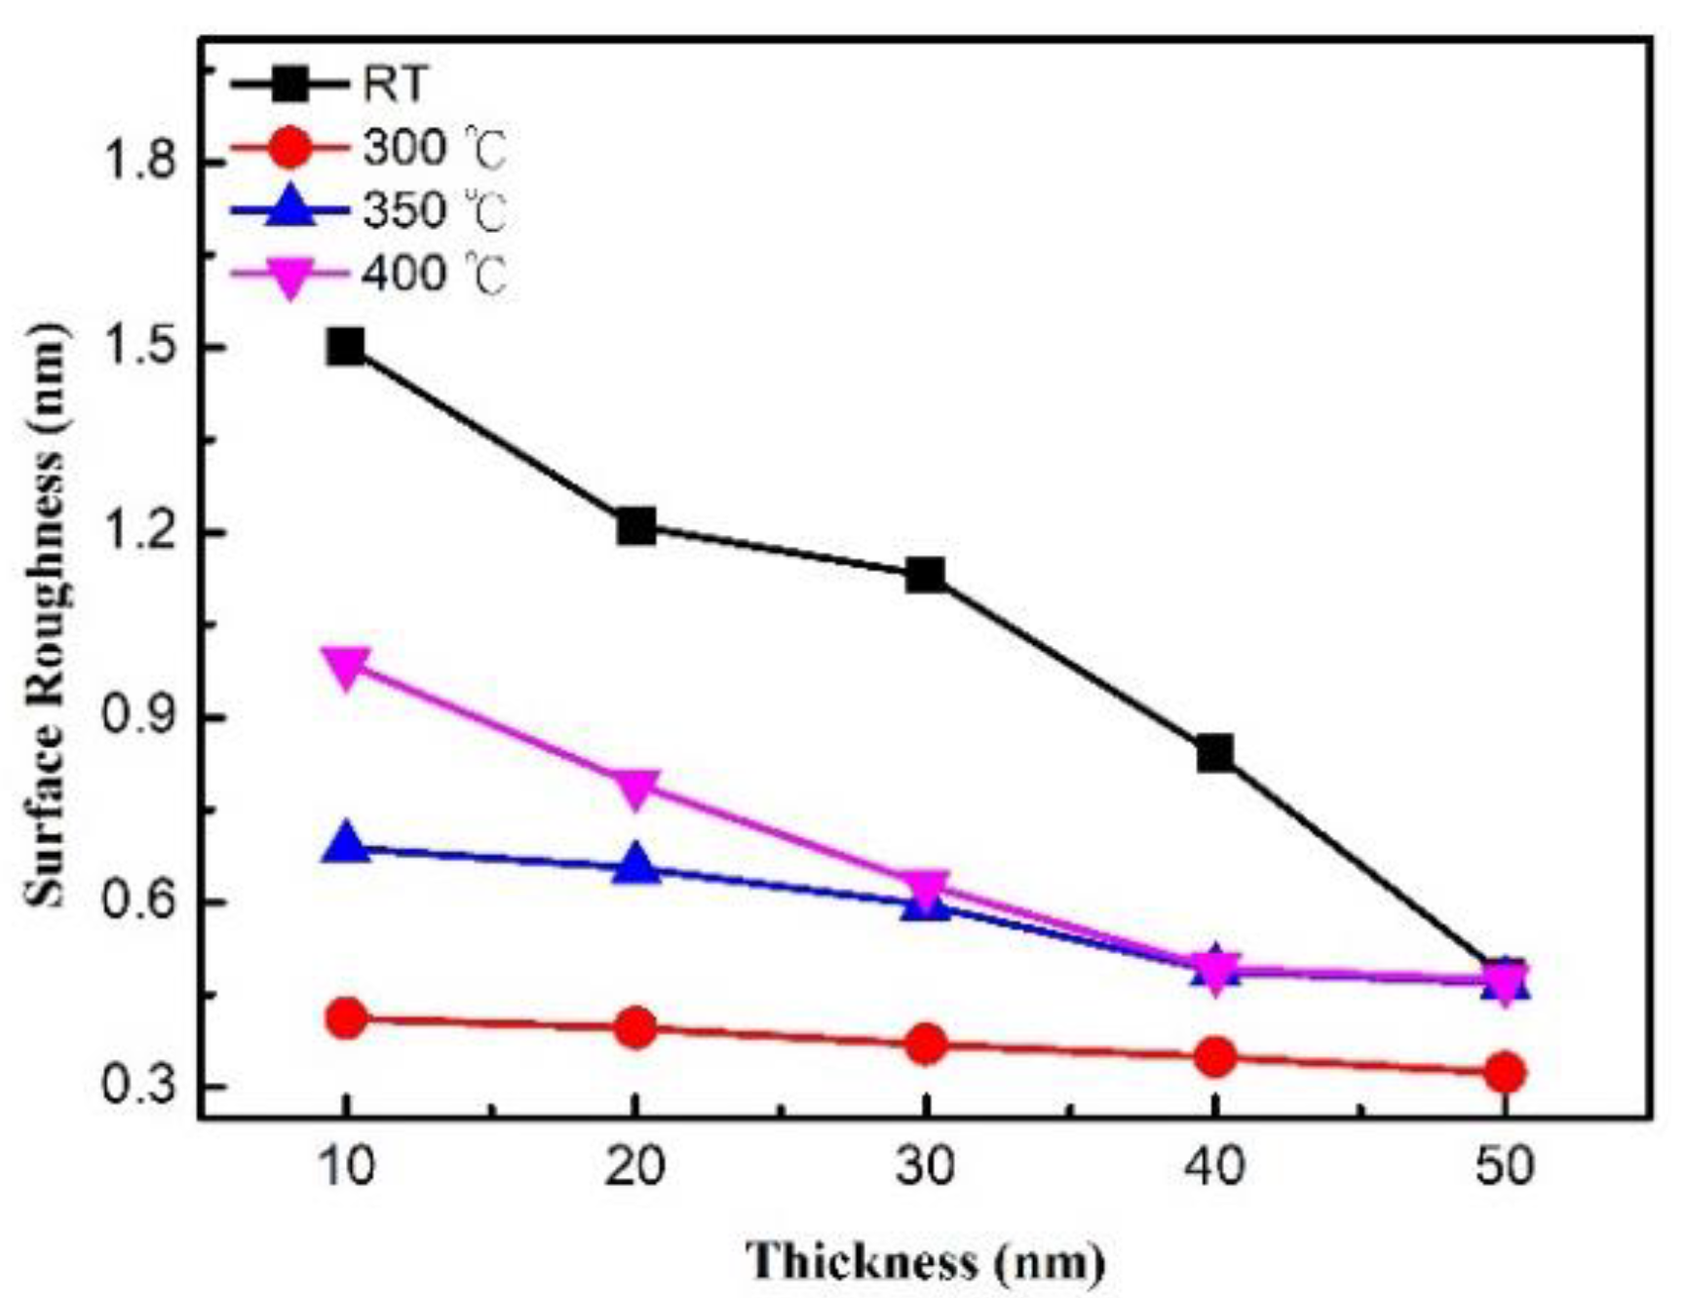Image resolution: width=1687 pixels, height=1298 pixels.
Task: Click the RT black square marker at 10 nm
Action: point(346,346)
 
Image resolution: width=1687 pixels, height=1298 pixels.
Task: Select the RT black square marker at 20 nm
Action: point(635,526)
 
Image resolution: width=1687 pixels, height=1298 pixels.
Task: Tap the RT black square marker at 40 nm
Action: point(1215,752)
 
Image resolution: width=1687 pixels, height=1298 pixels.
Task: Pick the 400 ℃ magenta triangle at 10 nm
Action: point(346,668)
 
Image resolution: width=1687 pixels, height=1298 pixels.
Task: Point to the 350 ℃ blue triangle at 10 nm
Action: point(346,844)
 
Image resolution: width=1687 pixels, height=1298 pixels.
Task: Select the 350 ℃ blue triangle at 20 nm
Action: point(635,866)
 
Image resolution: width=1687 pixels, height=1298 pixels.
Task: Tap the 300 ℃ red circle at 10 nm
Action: point(346,1018)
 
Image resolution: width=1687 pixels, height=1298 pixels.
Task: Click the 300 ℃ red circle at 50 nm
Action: point(1505,1072)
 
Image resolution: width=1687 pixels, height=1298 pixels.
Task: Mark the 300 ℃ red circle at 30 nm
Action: point(925,1045)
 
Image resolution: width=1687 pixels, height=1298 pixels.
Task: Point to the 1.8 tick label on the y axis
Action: point(141,162)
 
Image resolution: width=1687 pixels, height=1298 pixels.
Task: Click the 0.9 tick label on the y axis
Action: point(141,718)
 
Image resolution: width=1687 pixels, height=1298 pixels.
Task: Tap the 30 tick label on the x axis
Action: point(925,1165)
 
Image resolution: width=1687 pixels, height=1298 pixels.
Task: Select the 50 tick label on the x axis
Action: point(1505,1165)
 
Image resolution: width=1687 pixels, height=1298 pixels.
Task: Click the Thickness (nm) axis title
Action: point(925,1261)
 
